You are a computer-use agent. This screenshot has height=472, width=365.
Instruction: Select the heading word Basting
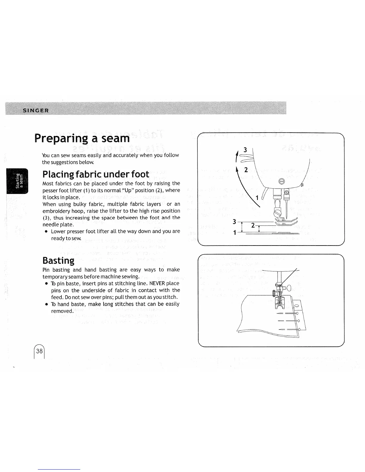[58, 260]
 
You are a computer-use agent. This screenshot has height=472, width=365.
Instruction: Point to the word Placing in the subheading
[57, 174]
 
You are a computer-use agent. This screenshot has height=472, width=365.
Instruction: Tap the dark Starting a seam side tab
[17, 181]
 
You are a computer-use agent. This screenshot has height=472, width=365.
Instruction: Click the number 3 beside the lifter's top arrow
[245, 150]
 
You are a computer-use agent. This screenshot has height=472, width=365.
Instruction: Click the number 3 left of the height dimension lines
[234, 222]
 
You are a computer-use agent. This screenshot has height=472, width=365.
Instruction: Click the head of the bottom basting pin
[298, 329]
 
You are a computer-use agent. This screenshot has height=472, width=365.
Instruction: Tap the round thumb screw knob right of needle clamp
[289, 288]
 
